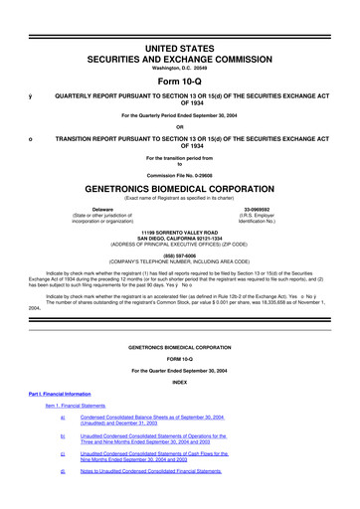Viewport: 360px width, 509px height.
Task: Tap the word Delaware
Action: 103,208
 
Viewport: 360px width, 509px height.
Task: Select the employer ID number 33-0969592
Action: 256,208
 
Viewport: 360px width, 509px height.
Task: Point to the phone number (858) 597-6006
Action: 179,253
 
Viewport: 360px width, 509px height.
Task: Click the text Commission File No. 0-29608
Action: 179,173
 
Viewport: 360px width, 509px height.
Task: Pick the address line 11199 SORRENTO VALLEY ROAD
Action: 179,230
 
